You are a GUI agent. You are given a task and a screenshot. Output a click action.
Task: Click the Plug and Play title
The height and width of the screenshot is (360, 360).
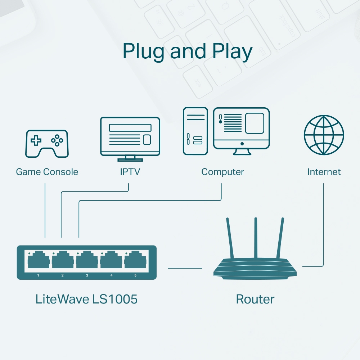(x=187, y=51)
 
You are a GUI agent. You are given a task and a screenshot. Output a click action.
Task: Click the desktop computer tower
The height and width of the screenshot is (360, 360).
(x=195, y=131)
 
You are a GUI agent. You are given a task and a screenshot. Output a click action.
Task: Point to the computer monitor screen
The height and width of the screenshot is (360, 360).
(x=241, y=127)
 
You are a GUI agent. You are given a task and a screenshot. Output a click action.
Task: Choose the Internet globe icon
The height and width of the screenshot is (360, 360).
(x=324, y=135)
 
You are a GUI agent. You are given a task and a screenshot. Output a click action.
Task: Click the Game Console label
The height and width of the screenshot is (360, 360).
(x=47, y=172)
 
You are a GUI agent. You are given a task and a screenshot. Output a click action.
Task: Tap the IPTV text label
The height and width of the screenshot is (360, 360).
(x=130, y=172)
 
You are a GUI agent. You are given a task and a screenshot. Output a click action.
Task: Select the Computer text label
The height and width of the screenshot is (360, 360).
(x=222, y=172)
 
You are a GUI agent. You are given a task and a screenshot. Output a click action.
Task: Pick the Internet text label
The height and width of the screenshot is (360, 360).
(x=324, y=172)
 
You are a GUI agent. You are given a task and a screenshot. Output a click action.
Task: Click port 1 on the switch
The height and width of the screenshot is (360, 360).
(x=38, y=260)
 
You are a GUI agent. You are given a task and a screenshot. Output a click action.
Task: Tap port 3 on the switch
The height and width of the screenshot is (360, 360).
(x=87, y=260)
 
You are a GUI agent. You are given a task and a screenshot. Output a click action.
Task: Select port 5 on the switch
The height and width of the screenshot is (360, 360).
(x=136, y=260)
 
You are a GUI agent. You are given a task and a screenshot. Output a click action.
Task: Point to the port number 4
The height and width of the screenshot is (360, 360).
(x=111, y=275)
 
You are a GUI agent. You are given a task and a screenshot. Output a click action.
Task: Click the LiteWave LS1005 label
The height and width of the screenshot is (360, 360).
(x=86, y=299)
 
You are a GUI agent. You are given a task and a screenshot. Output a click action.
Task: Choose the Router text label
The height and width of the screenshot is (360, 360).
(x=255, y=299)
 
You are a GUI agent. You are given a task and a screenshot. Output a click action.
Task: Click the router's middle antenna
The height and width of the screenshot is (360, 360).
(x=256, y=238)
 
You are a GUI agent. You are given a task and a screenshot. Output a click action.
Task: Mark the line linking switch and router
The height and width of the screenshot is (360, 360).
(x=185, y=268)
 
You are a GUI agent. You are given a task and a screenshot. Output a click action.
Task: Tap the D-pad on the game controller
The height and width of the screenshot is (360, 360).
(x=36, y=140)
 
